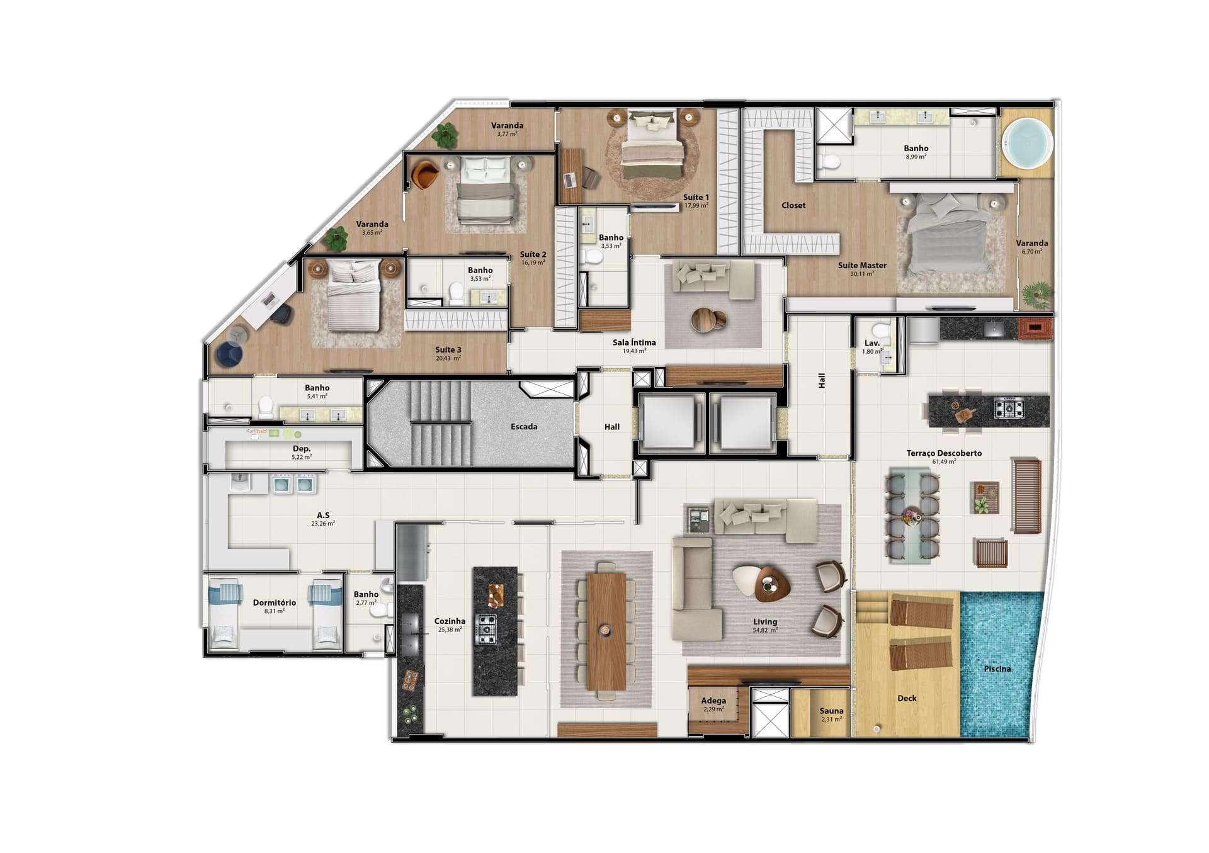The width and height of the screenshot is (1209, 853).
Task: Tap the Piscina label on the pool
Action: pyautogui.click(x=997, y=669)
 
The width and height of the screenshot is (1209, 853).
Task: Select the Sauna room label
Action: pyautogui.click(x=831, y=711)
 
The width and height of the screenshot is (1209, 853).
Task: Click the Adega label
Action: pyautogui.click(x=713, y=701)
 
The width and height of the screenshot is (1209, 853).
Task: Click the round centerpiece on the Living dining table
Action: pyautogui.click(x=605, y=630)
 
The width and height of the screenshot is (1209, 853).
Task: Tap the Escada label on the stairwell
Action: pyautogui.click(x=524, y=427)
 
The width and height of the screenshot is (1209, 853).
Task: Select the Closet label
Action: pyautogui.click(x=793, y=205)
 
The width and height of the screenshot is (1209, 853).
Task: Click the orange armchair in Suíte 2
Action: pyautogui.click(x=425, y=175)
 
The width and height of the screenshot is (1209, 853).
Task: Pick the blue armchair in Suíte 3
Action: pyautogui.click(x=230, y=355)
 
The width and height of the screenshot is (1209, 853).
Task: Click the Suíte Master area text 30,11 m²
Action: pyautogui.click(x=862, y=274)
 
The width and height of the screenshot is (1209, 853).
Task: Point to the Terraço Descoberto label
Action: pyautogui.click(x=944, y=453)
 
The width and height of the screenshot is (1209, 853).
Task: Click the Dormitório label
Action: pyautogui.click(x=275, y=602)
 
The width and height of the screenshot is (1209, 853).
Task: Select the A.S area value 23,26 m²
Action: pyautogui.click(x=323, y=523)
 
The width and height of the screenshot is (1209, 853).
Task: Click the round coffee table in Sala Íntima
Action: pyautogui.click(x=708, y=320)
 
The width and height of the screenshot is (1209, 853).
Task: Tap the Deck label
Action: pyautogui.click(x=907, y=698)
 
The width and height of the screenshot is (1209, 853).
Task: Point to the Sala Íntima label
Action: pyautogui.click(x=634, y=342)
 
